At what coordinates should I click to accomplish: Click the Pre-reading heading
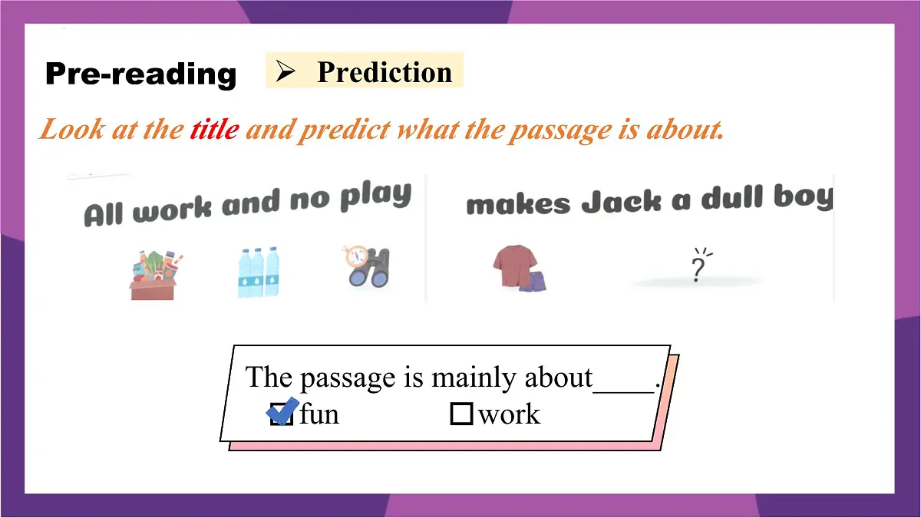pos(140,74)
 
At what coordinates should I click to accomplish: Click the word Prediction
pos(385,72)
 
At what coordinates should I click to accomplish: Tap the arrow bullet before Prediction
pos(286,72)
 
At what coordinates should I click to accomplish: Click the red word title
pos(214,130)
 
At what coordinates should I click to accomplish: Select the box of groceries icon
pos(152,274)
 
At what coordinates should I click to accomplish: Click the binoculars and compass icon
pos(366,266)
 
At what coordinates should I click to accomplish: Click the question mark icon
pos(698,266)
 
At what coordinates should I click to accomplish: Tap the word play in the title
pos(375,196)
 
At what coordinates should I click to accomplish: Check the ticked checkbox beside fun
pos(282,414)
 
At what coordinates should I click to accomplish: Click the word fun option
pos(319,414)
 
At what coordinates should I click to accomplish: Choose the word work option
pos(509,414)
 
